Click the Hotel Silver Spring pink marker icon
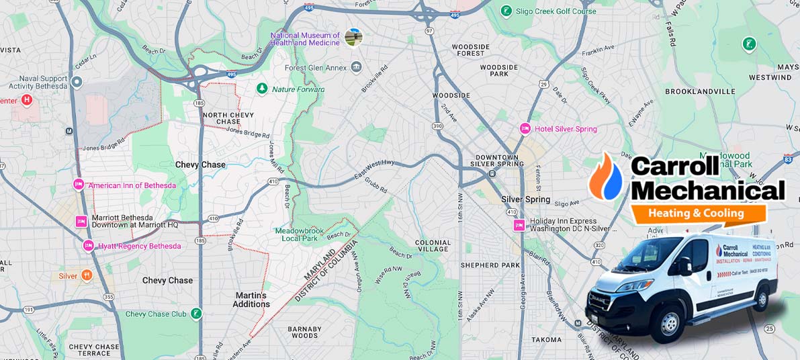point(525,128)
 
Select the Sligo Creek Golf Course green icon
point(506,11)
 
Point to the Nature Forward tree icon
point(261,89)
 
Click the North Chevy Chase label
point(228,118)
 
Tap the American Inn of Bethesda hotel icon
point(79,185)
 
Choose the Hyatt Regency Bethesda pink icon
point(88,246)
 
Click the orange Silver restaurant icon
point(86,275)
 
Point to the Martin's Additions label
point(251,300)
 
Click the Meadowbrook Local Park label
point(296,234)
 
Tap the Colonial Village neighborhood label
point(433,246)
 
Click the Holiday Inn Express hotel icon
point(519,225)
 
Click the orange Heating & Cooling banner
point(696,214)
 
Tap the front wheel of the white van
point(669,326)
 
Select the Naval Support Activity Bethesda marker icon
point(77,82)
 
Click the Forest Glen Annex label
point(315,67)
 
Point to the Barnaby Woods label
point(303,332)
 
